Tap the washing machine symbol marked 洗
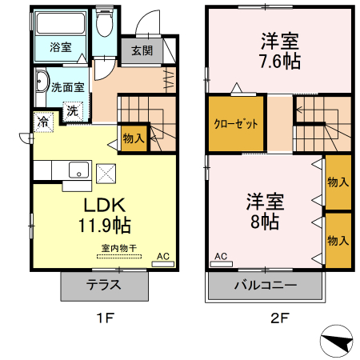point(73,110)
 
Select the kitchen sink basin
point(78,170)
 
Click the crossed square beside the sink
point(106,172)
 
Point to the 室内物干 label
point(118,248)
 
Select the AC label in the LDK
point(162,256)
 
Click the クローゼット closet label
point(234,124)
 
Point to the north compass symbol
point(338,342)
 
